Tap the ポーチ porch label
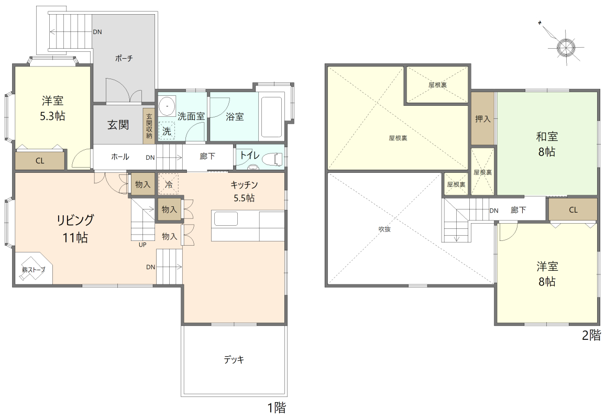[124, 58]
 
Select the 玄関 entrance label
[118, 125]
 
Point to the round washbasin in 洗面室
[167, 105]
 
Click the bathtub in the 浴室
[272, 116]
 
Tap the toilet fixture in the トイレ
[272, 159]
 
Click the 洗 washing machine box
[167, 130]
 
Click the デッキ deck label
[234, 359]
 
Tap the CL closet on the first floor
[40, 160]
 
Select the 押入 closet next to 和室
[483, 119]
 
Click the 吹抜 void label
[384, 229]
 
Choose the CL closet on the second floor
[573, 210]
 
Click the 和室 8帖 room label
[547, 144]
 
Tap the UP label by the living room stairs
[142, 245]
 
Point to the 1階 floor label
[277, 407]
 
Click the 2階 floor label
[592, 334]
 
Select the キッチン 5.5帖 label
[244, 191]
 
